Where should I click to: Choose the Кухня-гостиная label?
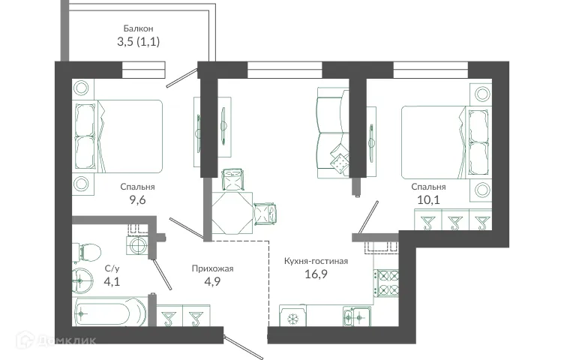point(316,261)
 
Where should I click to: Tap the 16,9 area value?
point(316,274)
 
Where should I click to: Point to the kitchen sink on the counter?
point(352,318)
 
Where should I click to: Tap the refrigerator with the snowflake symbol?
point(292,318)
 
